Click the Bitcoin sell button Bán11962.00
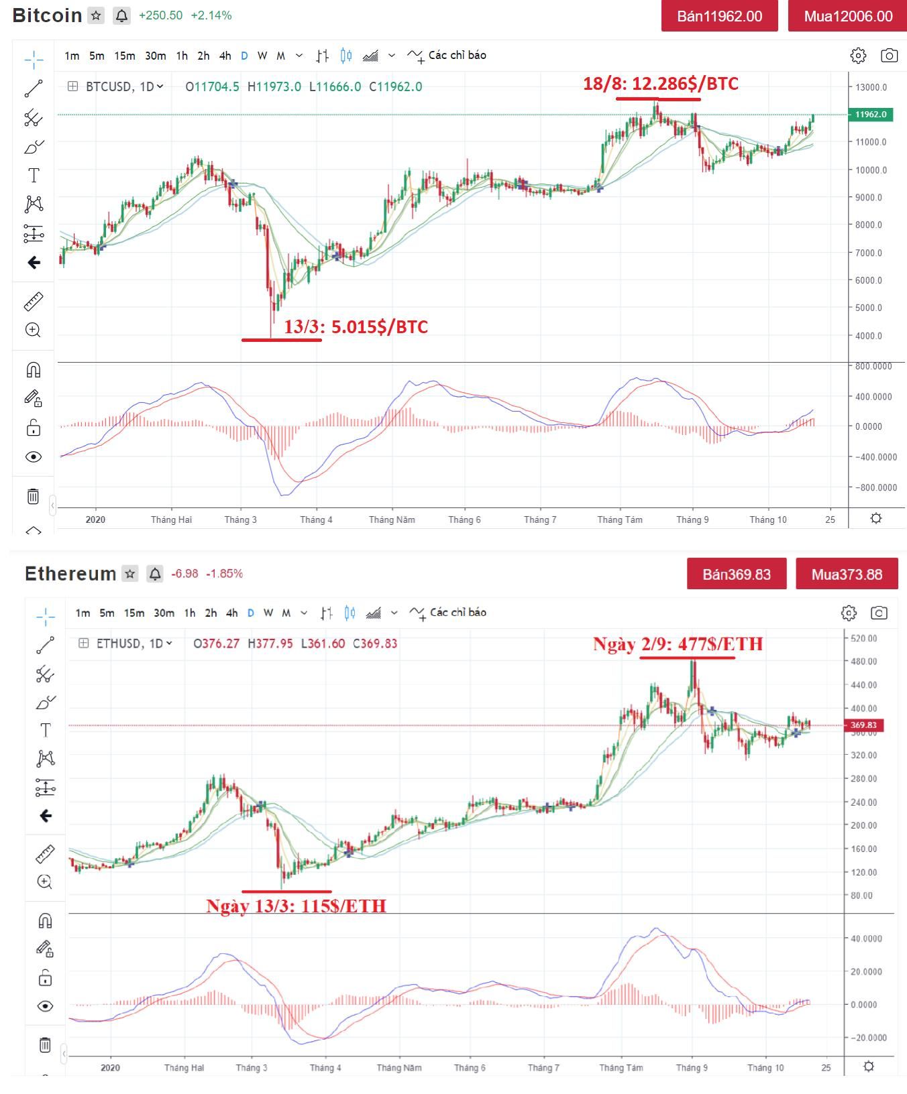(719, 16)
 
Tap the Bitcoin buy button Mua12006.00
(848, 16)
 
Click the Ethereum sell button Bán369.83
(736, 574)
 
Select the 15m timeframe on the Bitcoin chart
(124, 56)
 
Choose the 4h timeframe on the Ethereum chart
(231, 613)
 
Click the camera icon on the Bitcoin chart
(889, 56)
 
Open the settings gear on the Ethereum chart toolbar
(849, 613)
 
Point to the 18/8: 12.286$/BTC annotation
(660, 84)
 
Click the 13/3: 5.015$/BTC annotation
(356, 326)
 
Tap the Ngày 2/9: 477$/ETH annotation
(678, 644)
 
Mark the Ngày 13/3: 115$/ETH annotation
(296, 906)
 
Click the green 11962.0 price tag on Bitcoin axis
(870, 115)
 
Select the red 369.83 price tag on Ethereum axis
(863, 725)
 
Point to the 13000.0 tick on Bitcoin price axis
(870, 87)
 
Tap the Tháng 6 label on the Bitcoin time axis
(464, 520)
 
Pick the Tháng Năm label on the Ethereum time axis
(398, 1068)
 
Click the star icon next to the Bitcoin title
(97, 15)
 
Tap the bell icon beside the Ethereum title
(155, 574)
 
